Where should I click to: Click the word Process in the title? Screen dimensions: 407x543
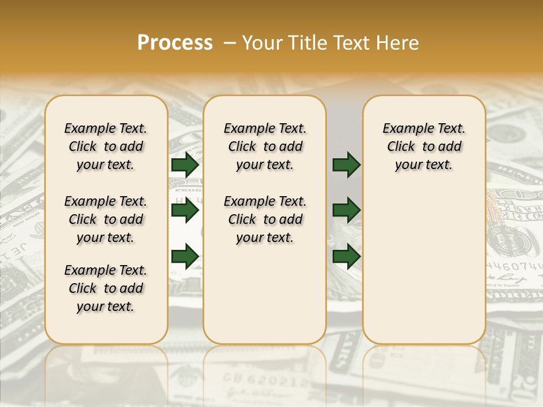(175, 43)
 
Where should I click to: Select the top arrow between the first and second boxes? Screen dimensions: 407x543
(185, 164)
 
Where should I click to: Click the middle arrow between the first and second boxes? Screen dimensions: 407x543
(185, 211)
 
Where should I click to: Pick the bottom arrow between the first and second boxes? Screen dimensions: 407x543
(185, 256)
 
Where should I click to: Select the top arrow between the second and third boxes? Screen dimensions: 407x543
(346, 164)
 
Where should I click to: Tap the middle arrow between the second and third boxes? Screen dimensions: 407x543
(346, 211)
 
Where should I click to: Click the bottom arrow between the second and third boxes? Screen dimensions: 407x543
(346, 256)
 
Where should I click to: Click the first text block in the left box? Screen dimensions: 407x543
(106, 146)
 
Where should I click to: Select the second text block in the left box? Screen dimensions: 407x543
(106, 219)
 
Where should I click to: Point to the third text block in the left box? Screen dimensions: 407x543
(106, 288)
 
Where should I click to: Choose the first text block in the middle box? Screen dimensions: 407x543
(265, 146)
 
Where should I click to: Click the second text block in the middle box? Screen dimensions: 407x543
(265, 219)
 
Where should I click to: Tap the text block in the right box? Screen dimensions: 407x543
(424, 146)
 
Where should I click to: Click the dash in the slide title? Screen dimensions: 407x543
(229, 43)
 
